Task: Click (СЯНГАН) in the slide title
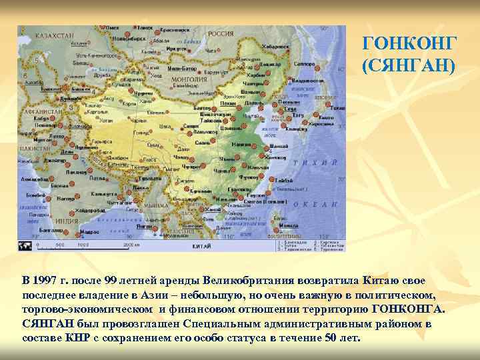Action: tap(409, 65)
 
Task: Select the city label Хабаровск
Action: tap(275, 47)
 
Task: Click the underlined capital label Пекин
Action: tap(228, 103)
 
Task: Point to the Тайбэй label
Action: tap(283, 180)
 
